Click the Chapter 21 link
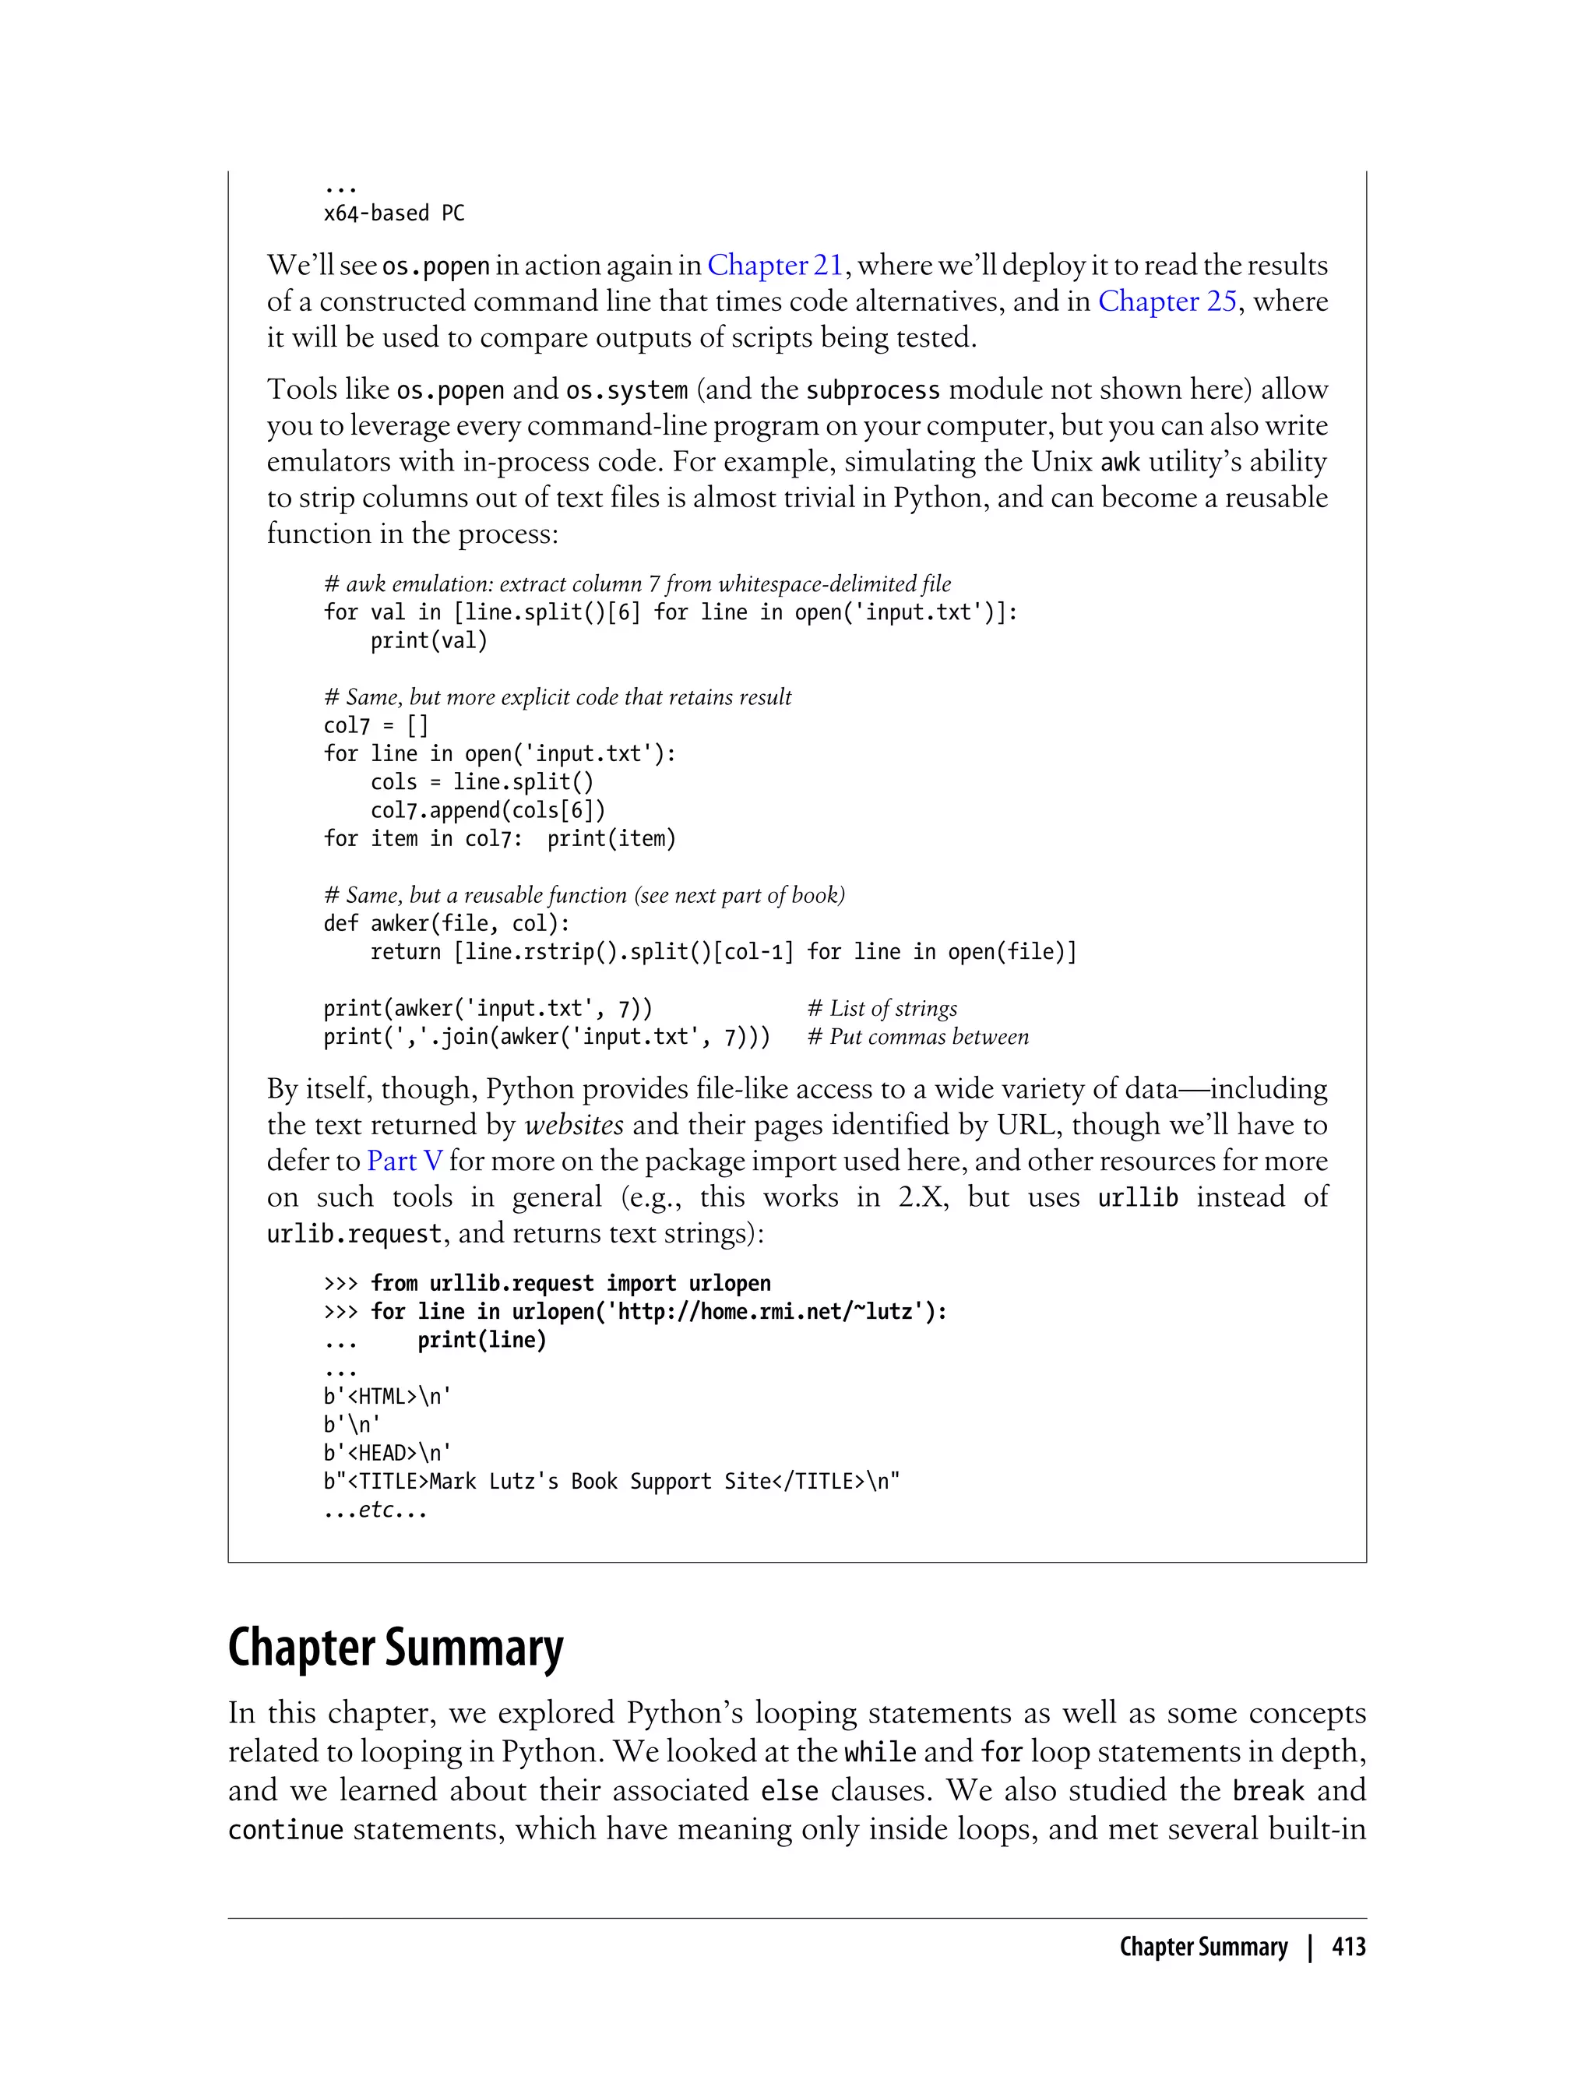(775, 265)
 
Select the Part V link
(404, 1161)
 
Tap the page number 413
(1348, 1947)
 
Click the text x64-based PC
(394, 213)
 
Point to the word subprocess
(872, 390)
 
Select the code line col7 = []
(376, 725)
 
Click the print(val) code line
(428, 641)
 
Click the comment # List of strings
(882, 1009)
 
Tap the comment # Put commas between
(917, 1037)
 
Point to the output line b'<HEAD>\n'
(387, 1453)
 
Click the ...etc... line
(375, 1510)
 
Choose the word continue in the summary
(285, 1829)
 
